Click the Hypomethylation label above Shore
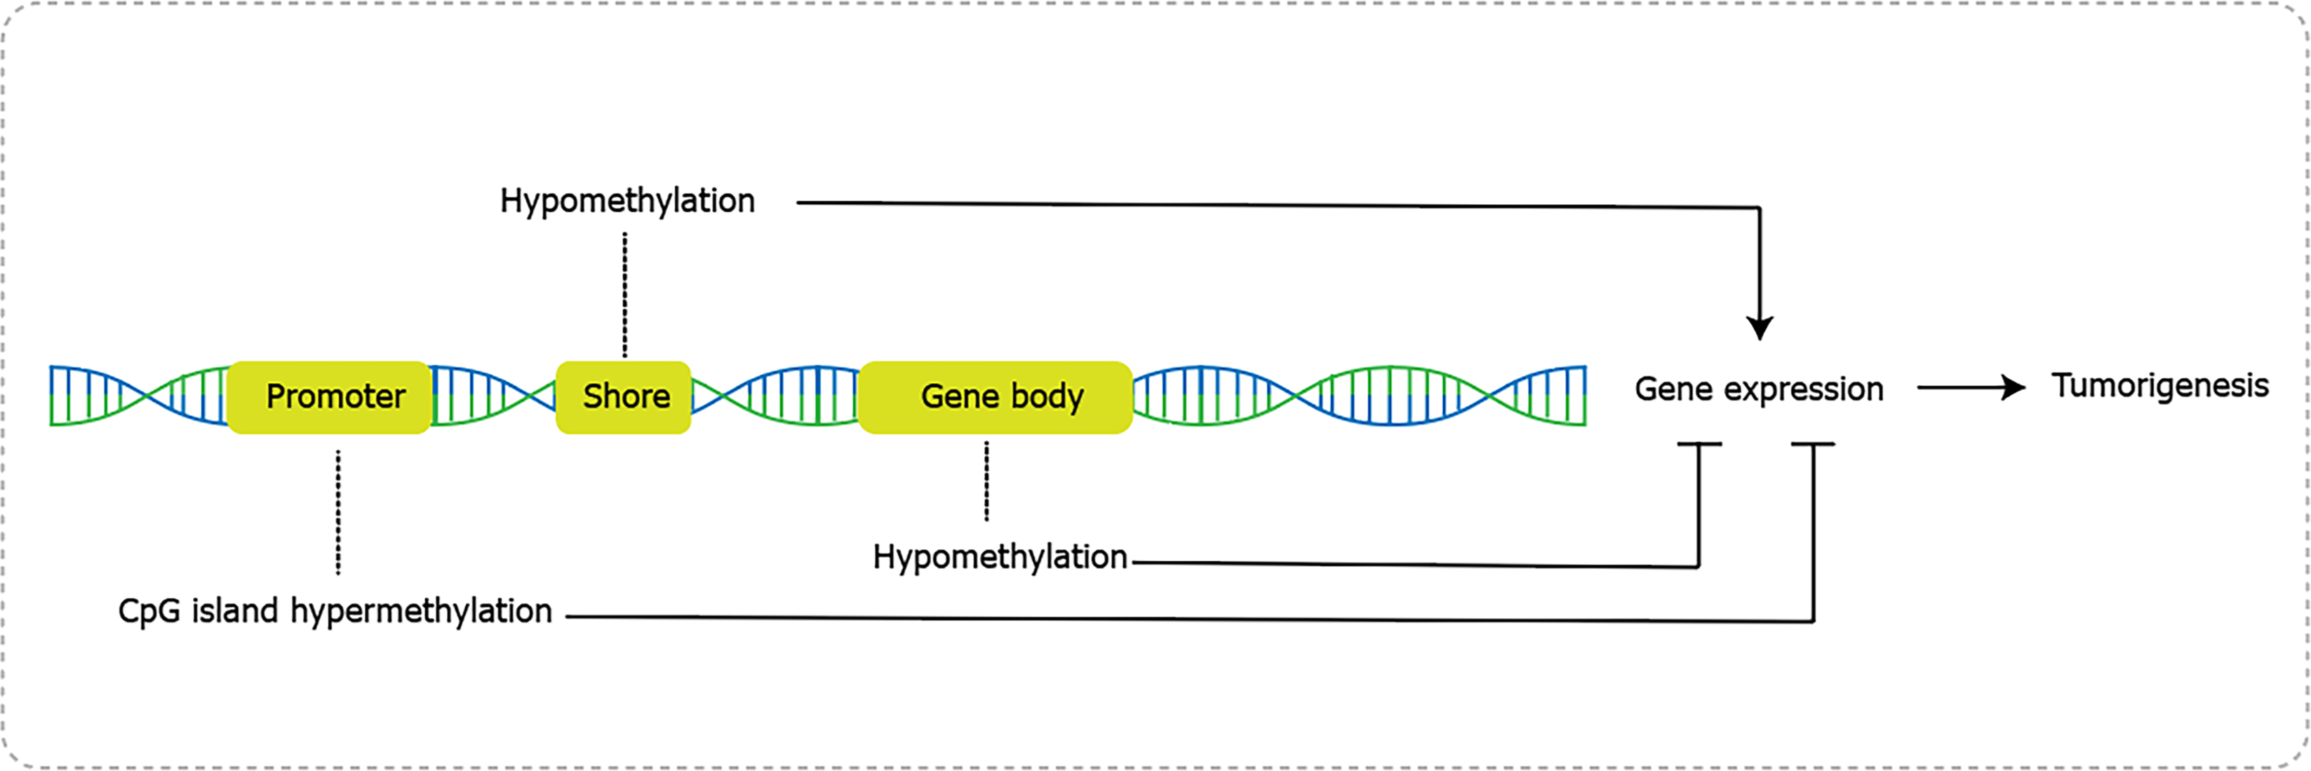tap(627, 201)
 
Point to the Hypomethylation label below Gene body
tap(1000, 558)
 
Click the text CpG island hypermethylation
tap(335, 611)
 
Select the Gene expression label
tap(1758, 389)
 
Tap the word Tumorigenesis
tap(2160, 386)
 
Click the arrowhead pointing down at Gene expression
tap(1760, 328)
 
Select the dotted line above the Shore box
tap(625, 295)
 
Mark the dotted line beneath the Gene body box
tap(987, 481)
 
